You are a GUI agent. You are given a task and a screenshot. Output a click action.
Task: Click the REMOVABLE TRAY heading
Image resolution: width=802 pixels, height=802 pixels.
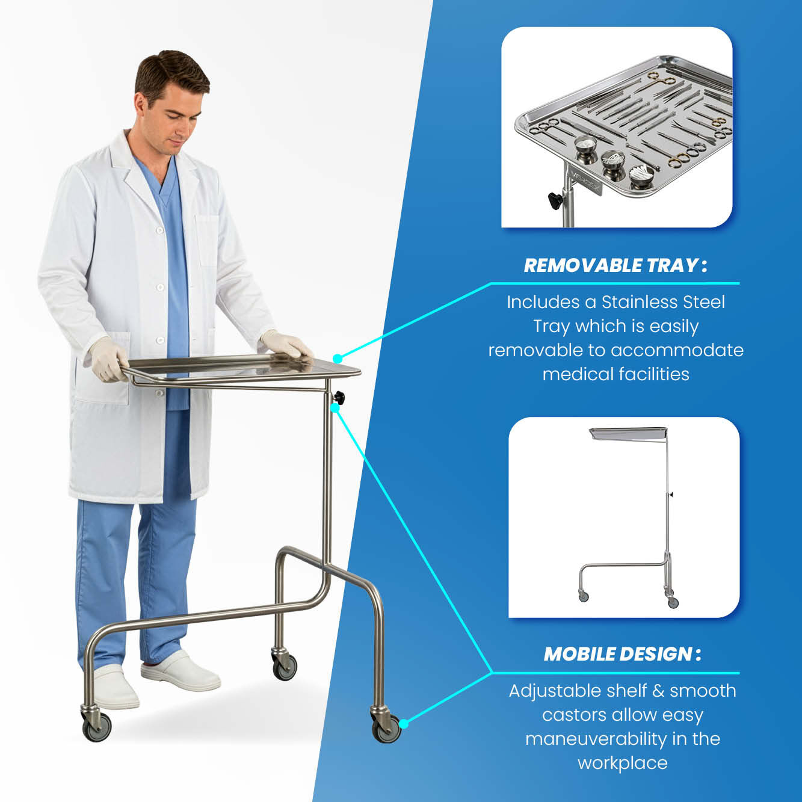click(x=615, y=265)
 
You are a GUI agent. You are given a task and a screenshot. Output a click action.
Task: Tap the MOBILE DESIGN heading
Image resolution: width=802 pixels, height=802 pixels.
click(x=622, y=654)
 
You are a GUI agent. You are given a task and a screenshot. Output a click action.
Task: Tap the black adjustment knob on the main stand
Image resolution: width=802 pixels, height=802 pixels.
click(x=339, y=398)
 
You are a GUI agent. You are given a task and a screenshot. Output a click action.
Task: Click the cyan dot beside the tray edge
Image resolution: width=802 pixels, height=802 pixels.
click(x=338, y=359)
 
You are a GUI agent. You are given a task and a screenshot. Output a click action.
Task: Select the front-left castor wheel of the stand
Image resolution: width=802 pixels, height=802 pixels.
click(x=97, y=728)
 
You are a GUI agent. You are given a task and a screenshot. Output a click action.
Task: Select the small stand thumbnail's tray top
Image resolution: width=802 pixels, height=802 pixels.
click(x=629, y=434)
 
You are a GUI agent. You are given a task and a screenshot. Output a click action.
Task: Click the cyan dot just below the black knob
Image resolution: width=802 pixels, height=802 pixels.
click(x=335, y=408)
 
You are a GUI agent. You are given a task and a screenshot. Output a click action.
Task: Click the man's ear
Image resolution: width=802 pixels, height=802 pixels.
click(x=140, y=104)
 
